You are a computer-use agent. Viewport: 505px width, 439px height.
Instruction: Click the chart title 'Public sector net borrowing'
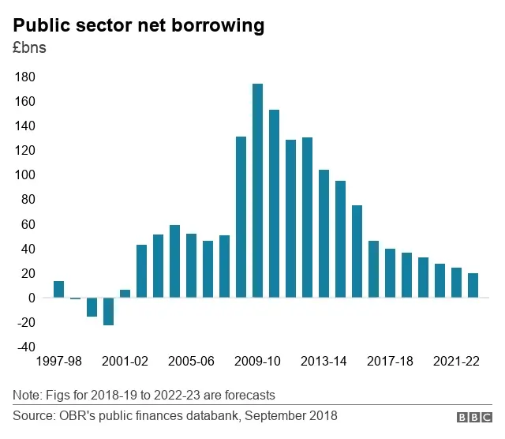(x=138, y=25)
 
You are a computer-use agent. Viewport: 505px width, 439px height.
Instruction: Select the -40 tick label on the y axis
(x=25, y=347)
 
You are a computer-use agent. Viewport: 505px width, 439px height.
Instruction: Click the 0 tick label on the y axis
(x=32, y=298)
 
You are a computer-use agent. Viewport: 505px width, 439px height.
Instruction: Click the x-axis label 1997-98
(x=59, y=362)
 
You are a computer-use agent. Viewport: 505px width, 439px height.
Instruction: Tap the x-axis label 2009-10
(x=257, y=362)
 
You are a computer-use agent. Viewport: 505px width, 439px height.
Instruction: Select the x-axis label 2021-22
(x=455, y=362)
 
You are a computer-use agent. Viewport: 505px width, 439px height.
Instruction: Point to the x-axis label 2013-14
(x=324, y=362)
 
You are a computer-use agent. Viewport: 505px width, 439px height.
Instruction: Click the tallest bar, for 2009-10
(x=257, y=190)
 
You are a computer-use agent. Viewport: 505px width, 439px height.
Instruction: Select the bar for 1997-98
(x=59, y=289)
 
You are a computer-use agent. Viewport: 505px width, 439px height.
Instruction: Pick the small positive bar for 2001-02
(x=125, y=294)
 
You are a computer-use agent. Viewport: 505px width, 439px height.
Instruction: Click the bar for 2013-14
(x=324, y=234)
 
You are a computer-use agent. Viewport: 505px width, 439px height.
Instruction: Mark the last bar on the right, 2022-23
(x=472, y=285)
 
